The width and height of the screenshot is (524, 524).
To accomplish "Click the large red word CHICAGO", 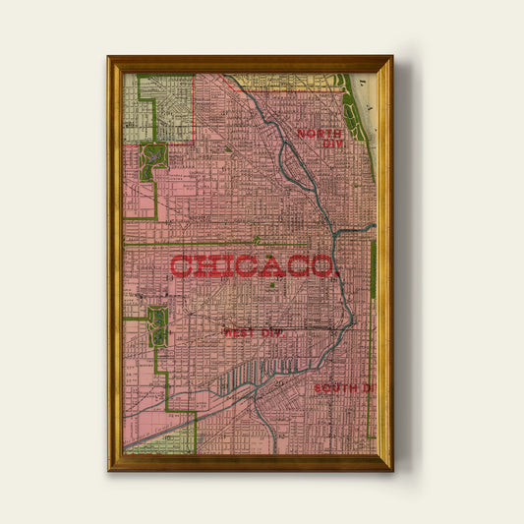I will [x=254, y=266].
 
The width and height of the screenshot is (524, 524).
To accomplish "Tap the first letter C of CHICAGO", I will [x=180, y=266].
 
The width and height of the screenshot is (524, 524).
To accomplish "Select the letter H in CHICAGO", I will [x=203, y=266].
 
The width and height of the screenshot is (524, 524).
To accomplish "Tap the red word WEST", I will [x=239, y=333].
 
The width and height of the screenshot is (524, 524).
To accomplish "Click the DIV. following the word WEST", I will [x=269, y=333].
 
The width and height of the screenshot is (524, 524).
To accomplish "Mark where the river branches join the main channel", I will [x=337, y=234].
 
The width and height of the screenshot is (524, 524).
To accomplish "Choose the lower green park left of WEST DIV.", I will [x=155, y=326].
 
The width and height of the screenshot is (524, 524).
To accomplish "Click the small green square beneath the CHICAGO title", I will [x=271, y=286].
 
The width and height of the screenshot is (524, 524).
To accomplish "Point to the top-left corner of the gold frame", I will [x=109, y=57].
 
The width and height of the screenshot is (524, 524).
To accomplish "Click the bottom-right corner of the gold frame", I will [x=391, y=468].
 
